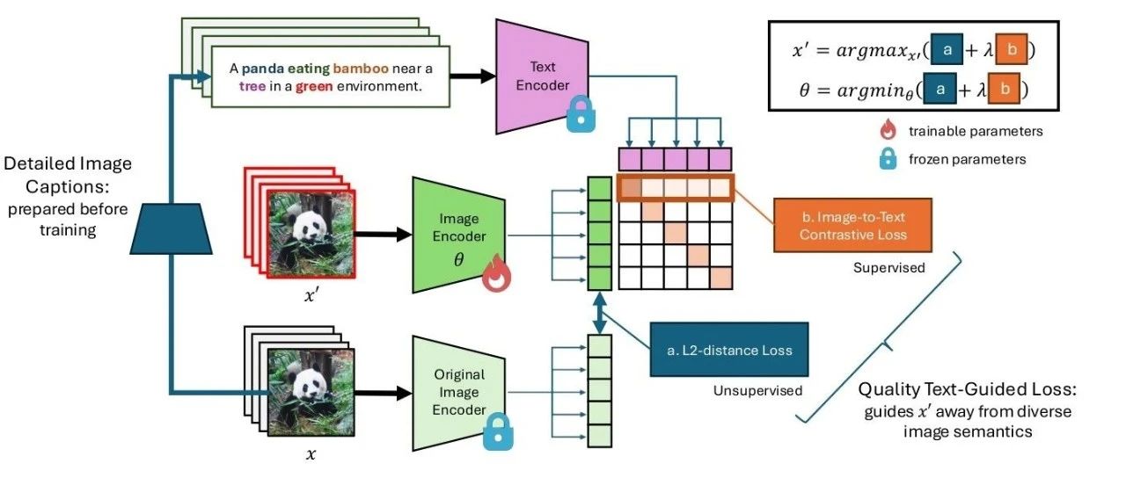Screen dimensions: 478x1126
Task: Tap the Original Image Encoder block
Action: coord(459,392)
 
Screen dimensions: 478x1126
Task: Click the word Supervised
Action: coord(888,266)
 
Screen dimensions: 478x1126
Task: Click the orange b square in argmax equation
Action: coord(1012,51)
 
